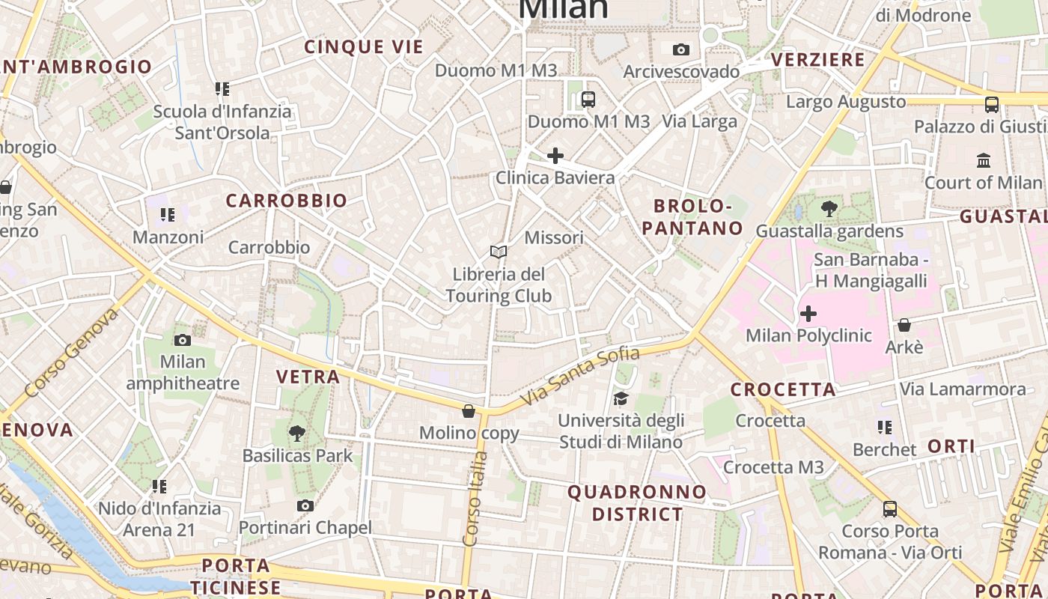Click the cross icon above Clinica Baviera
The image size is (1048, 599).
point(555,156)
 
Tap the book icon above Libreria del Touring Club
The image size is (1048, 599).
point(499,252)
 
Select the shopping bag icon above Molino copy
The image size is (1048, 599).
point(469,411)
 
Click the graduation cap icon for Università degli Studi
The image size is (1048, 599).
point(621,398)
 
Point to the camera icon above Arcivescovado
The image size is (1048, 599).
point(680,50)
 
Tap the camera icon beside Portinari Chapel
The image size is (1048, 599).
point(305,506)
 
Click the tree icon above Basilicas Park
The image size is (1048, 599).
point(297,433)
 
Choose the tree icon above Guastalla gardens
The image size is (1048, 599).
point(829,209)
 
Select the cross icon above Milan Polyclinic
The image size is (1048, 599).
point(808,313)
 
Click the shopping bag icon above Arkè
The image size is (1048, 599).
point(904,325)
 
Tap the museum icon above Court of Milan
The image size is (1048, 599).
point(984,160)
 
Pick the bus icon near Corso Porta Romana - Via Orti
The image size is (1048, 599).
point(889,509)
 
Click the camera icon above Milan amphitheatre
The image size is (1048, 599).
point(183,340)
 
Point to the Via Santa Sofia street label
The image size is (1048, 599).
point(580,377)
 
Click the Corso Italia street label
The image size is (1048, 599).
point(475,498)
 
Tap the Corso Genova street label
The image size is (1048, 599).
point(71,353)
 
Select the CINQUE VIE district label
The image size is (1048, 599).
point(364,47)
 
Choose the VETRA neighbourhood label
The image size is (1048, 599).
point(308,377)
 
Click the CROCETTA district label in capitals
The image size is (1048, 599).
point(783,389)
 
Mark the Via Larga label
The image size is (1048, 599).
point(700,121)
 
